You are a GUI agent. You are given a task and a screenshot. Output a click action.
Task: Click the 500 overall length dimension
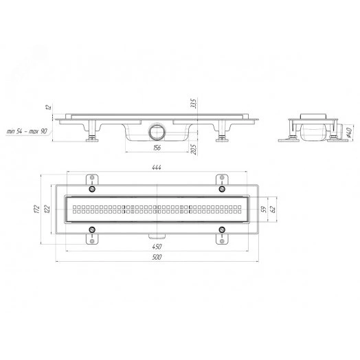157,257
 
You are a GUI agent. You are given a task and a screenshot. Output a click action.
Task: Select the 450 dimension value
157,247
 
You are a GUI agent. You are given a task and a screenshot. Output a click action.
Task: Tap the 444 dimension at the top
157,168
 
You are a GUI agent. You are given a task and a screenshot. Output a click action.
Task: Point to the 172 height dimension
36,209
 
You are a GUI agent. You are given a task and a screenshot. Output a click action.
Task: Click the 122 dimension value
47,209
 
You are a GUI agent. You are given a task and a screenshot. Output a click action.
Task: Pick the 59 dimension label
264,209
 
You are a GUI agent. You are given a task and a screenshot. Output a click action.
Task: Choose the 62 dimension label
273,209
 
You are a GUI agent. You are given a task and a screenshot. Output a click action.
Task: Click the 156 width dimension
157,148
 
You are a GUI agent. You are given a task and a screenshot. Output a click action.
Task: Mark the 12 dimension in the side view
49,107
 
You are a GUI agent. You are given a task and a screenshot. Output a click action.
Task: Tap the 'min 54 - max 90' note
27,131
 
